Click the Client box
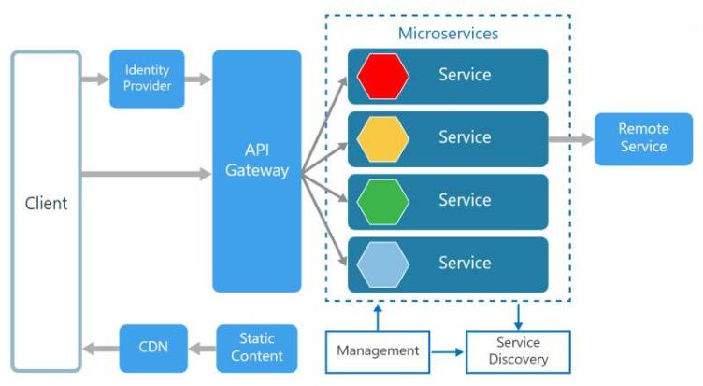pyautogui.click(x=46, y=203)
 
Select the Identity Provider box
pyautogui.click(x=147, y=79)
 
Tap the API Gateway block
pyautogui.click(x=257, y=171)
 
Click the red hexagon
pyautogui.click(x=382, y=76)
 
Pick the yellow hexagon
pyautogui.click(x=382, y=138)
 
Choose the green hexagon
pyautogui.click(x=382, y=201)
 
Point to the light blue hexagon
pyautogui.click(x=382, y=264)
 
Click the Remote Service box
pyautogui.click(x=643, y=138)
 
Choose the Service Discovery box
pyautogui.click(x=517, y=351)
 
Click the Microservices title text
pyautogui.click(x=448, y=33)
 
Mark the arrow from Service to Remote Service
pyautogui.click(x=570, y=139)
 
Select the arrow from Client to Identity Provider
pyautogui.click(x=95, y=79)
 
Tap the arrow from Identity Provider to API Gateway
pyautogui.click(x=197, y=79)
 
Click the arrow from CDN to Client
pyautogui.click(x=101, y=349)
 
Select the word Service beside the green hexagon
pyautogui.click(x=465, y=200)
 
